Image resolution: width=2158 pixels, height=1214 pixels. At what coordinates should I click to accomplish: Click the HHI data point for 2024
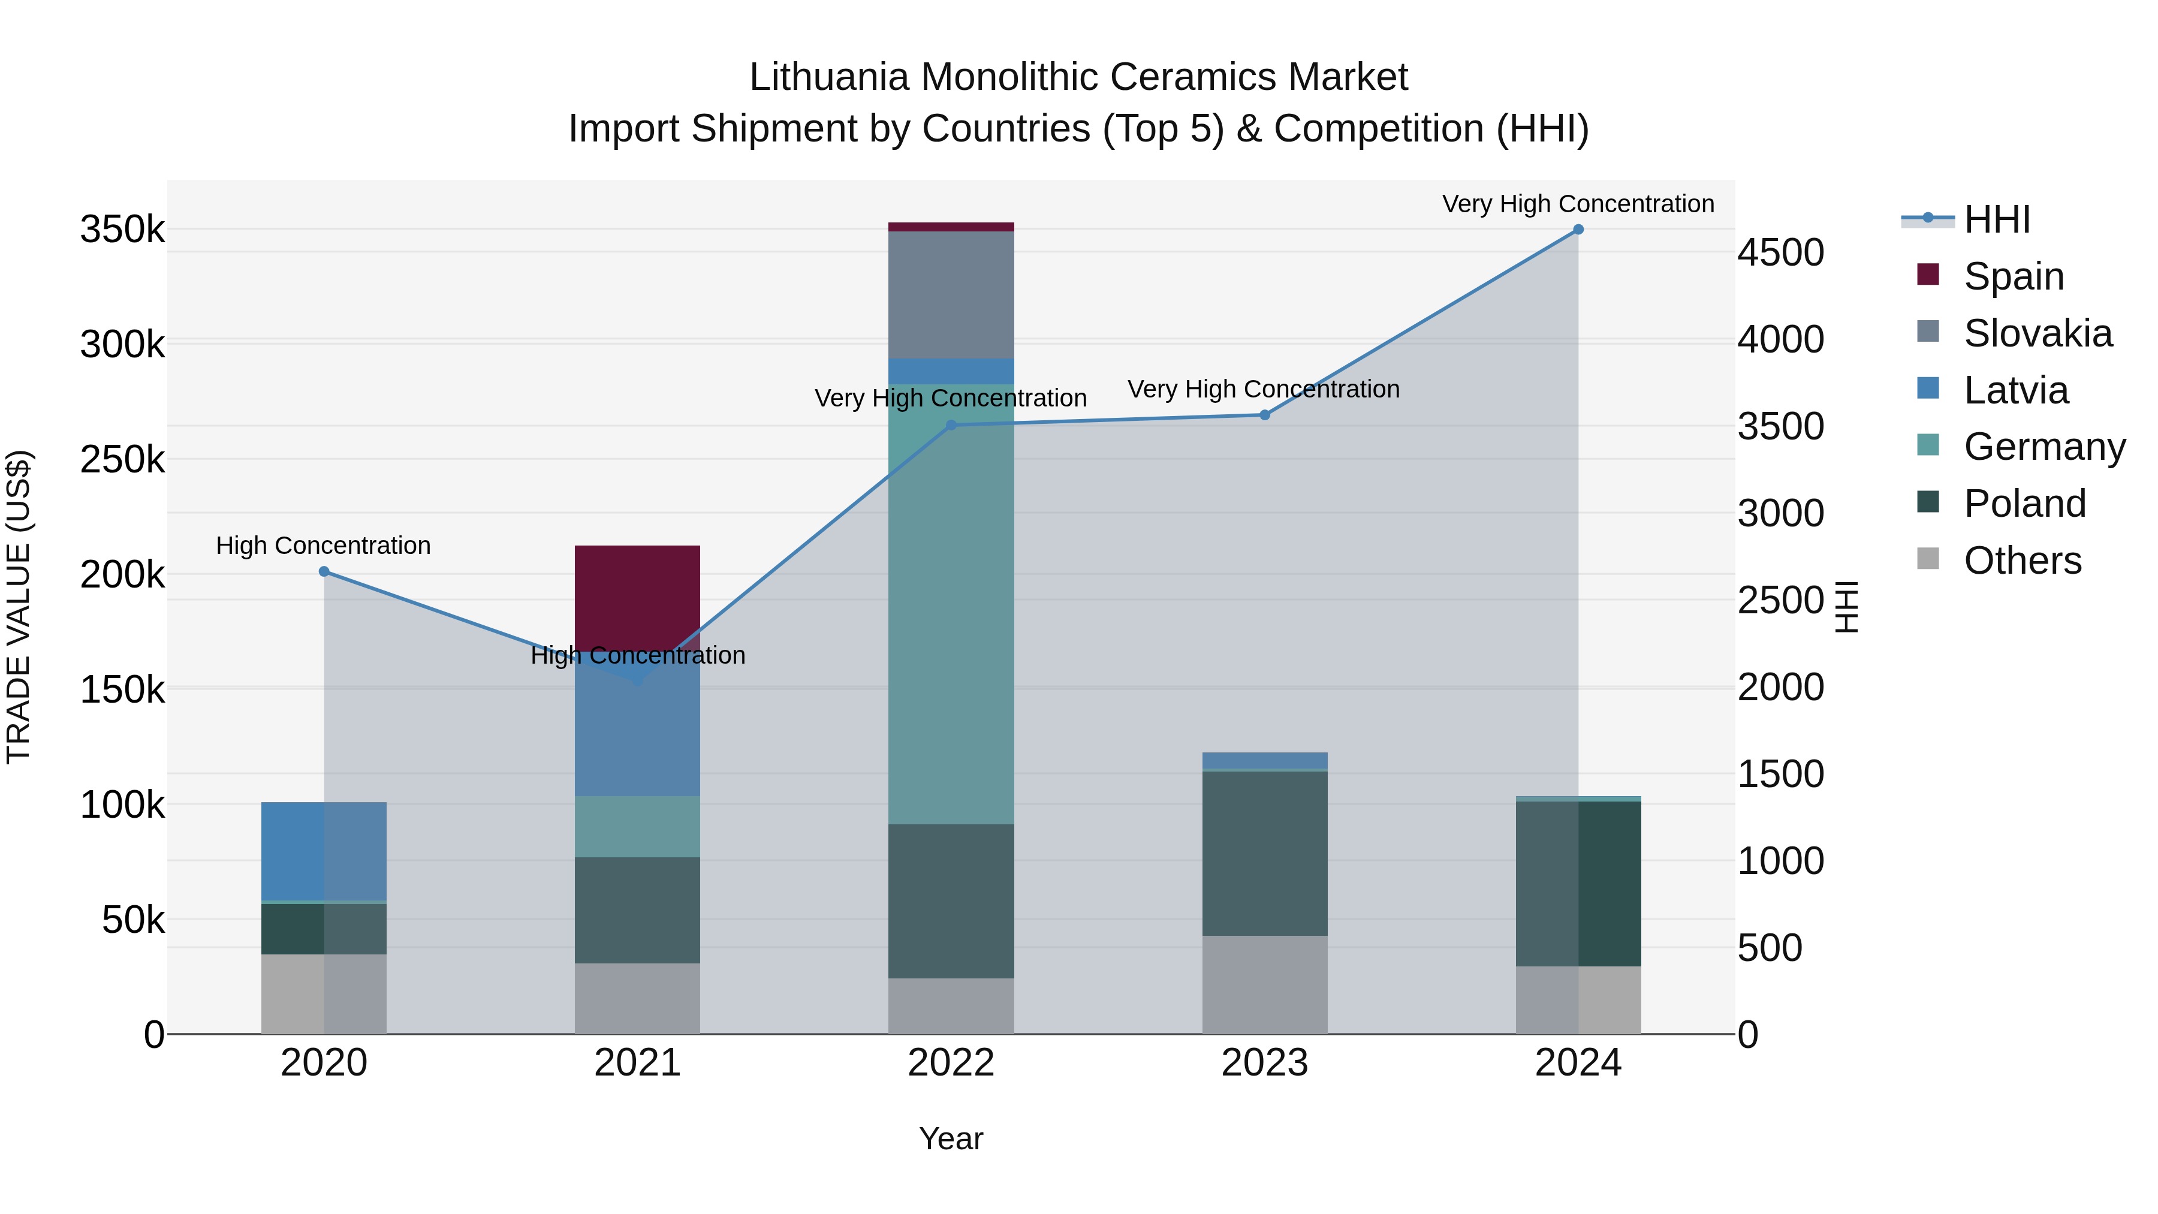[1578, 230]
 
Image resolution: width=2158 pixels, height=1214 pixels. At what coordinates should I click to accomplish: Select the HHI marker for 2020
[324, 571]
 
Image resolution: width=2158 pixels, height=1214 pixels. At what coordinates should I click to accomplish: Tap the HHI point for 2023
[1265, 415]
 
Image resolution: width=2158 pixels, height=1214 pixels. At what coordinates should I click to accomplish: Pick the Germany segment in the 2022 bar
[951, 603]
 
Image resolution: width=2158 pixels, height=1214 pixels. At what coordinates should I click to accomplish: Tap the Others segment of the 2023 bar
[1265, 984]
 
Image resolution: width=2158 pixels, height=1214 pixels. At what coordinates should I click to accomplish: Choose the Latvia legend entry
[2015, 390]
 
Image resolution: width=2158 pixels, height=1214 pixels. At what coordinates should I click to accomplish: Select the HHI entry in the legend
[1997, 219]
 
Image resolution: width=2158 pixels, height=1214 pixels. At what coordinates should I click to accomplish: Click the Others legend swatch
[1928, 559]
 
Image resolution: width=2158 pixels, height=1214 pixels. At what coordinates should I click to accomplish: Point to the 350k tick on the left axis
[122, 230]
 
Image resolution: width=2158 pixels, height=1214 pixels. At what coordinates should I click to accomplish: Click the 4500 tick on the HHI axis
[1780, 252]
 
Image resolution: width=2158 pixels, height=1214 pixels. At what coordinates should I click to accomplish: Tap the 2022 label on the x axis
[951, 1063]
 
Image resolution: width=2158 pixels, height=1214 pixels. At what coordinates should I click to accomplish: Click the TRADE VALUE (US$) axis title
[19, 607]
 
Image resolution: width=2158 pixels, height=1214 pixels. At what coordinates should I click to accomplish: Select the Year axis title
[951, 1138]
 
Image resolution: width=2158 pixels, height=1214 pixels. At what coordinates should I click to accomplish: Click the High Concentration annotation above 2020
[323, 546]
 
